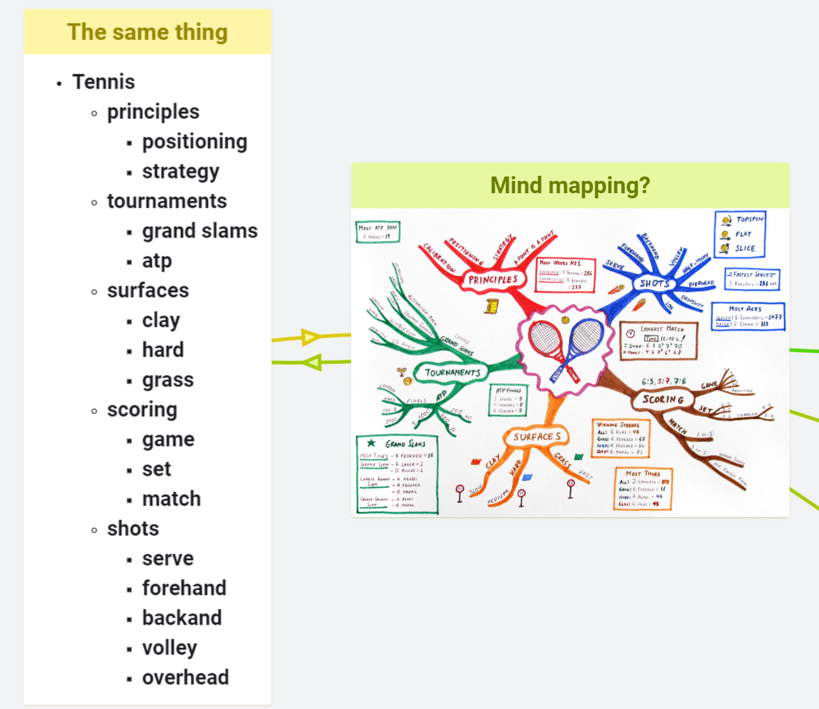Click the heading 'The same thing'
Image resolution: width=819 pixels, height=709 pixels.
tap(148, 32)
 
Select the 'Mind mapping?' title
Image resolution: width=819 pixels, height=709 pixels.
tap(570, 185)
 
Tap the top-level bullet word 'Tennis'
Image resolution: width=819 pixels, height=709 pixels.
tap(103, 82)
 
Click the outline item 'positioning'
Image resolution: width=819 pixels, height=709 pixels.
tap(194, 142)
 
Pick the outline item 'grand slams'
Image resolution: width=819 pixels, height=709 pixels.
tap(200, 231)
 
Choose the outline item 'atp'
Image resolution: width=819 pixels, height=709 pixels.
tap(157, 261)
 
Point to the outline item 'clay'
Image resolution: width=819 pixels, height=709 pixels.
tap(161, 320)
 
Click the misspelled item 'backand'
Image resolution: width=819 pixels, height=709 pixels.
tap(182, 618)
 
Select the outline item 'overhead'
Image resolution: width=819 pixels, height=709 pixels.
tap(185, 678)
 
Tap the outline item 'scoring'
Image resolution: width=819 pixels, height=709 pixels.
tap(142, 410)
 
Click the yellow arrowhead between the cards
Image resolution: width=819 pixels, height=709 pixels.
tap(310, 337)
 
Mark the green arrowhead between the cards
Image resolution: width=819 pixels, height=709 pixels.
tap(312, 361)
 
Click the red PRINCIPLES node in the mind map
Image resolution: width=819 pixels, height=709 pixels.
tap(493, 279)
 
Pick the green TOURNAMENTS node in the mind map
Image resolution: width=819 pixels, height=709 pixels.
tap(448, 373)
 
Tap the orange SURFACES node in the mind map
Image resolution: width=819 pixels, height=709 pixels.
tap(536, 437)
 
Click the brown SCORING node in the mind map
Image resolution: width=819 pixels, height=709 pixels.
tap(663, 400)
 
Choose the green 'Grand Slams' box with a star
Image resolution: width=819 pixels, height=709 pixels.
tap(397, 474)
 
